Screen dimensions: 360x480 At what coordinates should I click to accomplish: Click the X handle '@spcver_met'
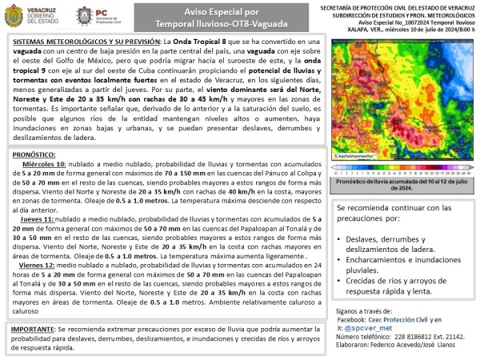coord(377,327)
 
